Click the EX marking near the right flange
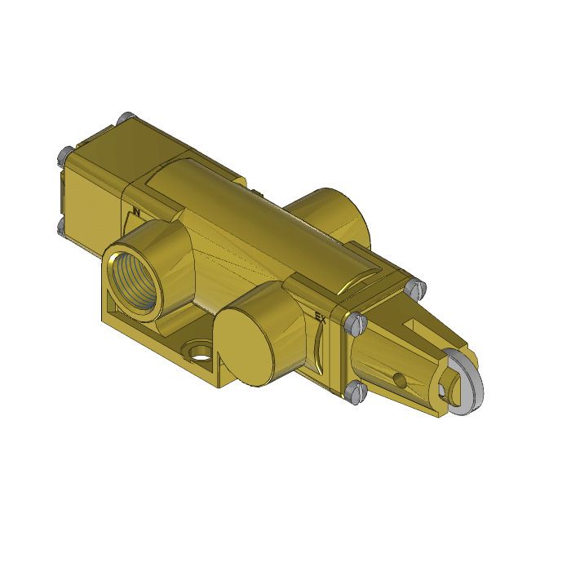[321, 315]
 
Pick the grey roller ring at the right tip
[468, 378]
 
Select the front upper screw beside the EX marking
[352, 325]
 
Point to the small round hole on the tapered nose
[399, 378]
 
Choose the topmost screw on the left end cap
[124, 119]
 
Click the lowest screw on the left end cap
[62, 225]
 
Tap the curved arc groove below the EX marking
[318, 343]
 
